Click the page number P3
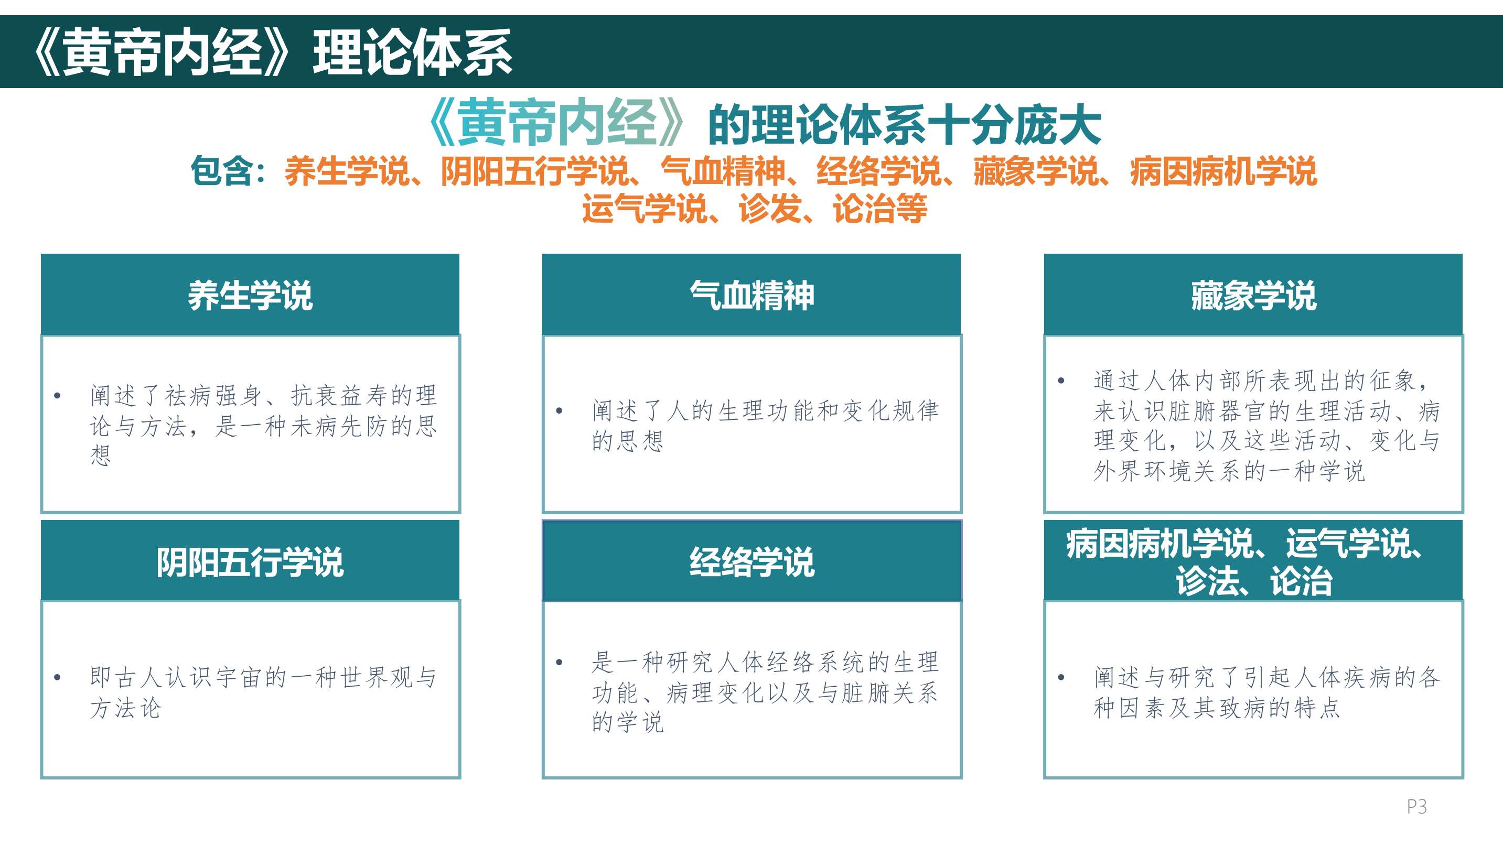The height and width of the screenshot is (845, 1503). [1416, 807]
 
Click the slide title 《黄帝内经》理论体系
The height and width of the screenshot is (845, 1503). [273, 52]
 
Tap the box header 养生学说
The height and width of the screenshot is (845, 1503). [250, 295]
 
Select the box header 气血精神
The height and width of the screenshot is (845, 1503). [751, 295]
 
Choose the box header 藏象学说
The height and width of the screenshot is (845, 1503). [1253, 295]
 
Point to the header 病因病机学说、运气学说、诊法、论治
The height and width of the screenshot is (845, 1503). [1244, 561]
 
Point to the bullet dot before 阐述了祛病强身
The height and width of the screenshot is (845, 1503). [57, 395]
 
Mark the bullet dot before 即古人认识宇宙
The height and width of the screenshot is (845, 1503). [57, 677]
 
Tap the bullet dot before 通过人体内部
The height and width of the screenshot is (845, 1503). [1061, 381]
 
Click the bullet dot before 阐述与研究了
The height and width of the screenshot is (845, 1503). [1061, 677]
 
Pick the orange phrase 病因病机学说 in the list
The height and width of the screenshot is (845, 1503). [1223, 171]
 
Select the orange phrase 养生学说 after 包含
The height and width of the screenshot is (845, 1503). [347, 171]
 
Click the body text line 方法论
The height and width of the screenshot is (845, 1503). [125, 708]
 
